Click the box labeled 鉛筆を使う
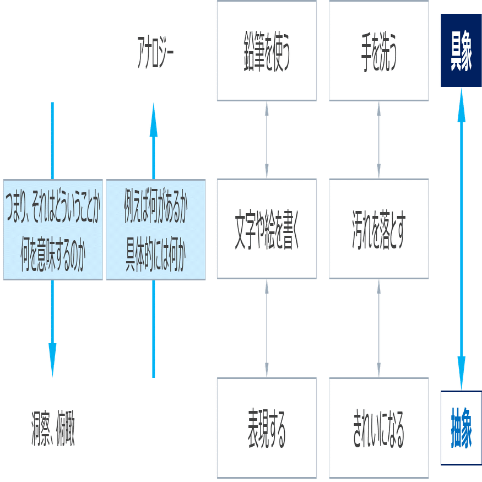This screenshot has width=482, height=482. click(x=267, y=51)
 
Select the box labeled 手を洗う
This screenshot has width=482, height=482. click(x=378, y=51)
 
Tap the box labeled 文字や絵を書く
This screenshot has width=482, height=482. click(x=267, y=229)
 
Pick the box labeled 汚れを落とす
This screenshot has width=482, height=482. click(x=378, y=229)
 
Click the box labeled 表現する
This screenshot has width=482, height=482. click(x=267, y=427)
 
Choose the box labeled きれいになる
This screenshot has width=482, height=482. click(x=378, y=427)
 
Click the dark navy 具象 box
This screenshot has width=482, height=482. click(x=461, y=51)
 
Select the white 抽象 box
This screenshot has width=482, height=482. click(x=461, y=427)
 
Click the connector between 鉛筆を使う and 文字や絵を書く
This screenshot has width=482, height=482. click(x=267, y=140)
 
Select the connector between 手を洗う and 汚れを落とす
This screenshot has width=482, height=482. click(x=378, y=140)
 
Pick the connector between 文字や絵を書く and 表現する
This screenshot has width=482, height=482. click(x=267, y=328)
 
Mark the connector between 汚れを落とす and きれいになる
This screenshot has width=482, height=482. click(x=378, y=328)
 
